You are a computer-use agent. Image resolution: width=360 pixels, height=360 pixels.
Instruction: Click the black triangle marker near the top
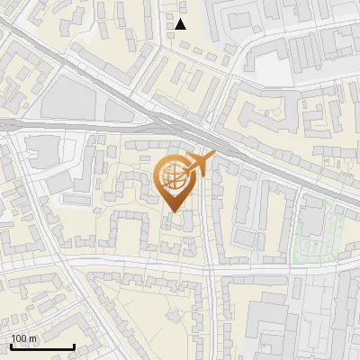181,24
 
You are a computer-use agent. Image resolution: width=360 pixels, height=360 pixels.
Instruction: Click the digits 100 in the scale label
18,338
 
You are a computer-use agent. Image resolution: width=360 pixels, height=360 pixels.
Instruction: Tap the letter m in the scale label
32,338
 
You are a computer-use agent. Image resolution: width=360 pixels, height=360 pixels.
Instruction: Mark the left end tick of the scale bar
10,346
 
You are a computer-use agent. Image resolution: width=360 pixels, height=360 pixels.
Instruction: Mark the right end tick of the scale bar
74,346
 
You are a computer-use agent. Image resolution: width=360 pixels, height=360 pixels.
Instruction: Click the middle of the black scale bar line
41,346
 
